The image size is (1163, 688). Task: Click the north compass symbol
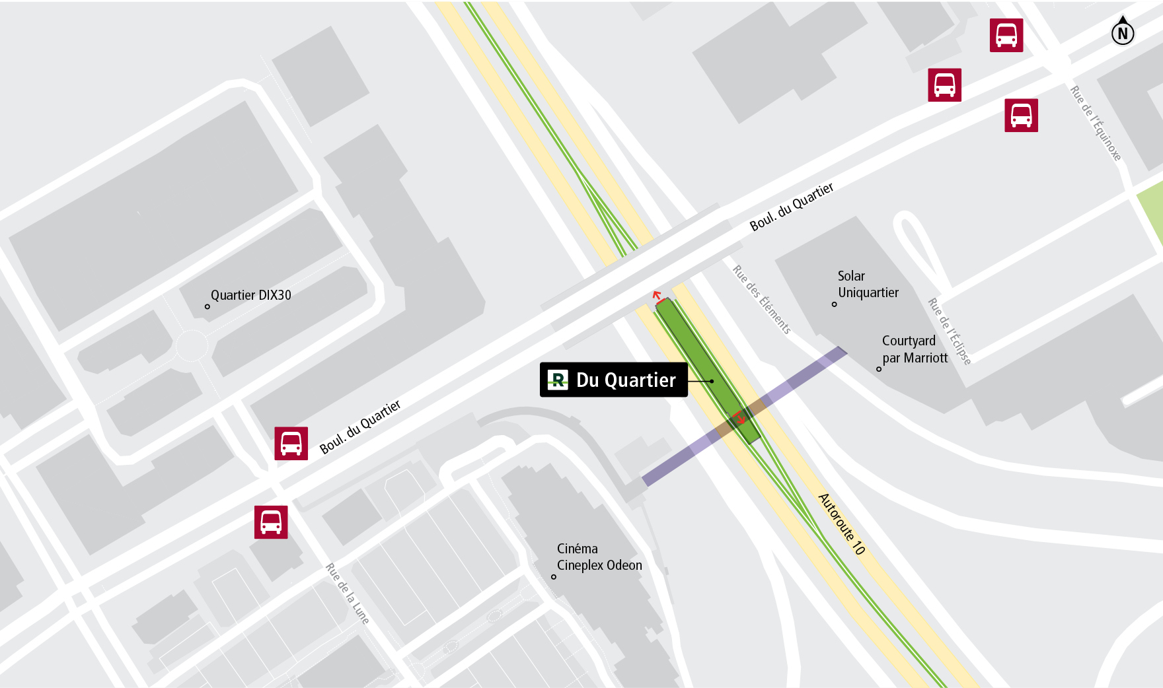pos(1122,31)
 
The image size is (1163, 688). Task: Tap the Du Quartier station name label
pos(626,380)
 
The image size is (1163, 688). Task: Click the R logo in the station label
pos(558,380)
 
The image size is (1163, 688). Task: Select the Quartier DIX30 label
pos(250,295)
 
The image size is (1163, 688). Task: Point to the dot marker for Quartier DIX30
pos(207,306)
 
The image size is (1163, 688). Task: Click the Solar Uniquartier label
pos(868,284)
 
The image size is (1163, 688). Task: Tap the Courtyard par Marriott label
pos(915,349)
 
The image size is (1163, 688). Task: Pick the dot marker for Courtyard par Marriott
pos(879,369)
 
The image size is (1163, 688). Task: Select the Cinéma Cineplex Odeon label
pos(599,557)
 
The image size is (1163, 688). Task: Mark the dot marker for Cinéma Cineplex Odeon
pos(554,576)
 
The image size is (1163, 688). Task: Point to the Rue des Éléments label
pos(761,299)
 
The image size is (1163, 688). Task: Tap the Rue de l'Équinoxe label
pos(1096,123)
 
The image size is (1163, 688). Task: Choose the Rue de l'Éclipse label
pos(950,331)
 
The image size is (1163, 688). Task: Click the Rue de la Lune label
pos(347,594)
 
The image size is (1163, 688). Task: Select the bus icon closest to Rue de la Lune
pos(271,522)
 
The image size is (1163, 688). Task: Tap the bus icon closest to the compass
pos(1006,35)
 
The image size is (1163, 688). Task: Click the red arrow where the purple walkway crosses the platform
pos(739,417)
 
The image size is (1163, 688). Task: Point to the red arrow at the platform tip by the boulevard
pos(657,296)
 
